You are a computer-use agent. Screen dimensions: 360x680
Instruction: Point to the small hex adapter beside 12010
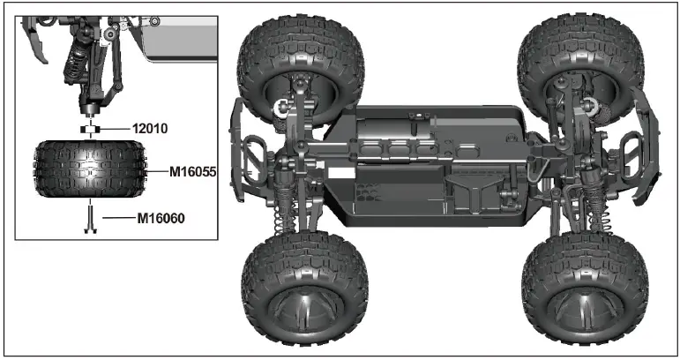90,130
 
